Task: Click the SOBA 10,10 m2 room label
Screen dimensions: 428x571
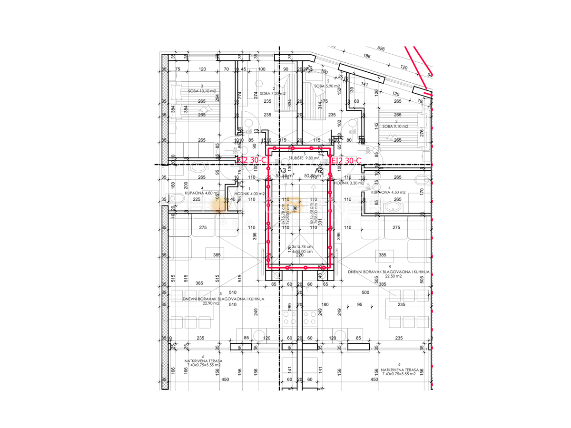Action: pos(202,91)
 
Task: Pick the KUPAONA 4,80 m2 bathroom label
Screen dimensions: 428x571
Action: pos(202,193)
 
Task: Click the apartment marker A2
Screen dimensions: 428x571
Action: pos(319,170)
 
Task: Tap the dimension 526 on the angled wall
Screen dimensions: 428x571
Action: pos(380,49)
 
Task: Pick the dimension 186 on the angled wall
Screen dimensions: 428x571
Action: pos(366,56)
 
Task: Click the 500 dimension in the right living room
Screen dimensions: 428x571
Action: pos(365,292)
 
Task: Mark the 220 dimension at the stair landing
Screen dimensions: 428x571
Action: pos(299,255)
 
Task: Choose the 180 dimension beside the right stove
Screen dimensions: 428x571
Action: pos(325,305)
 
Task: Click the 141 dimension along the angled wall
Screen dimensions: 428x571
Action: pos(365,85)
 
